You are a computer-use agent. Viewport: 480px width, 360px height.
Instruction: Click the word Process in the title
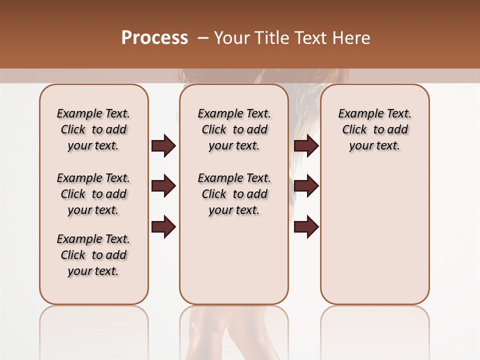(154, 38)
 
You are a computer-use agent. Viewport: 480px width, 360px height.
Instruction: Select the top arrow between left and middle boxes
(163, 145)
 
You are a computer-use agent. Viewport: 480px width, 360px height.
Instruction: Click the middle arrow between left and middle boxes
(163, 186)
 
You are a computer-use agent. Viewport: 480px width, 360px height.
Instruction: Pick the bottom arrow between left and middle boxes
(163, 227)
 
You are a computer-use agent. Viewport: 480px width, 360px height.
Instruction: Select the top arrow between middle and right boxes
(306, 145)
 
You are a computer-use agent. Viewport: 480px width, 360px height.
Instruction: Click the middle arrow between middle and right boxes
(306, 186)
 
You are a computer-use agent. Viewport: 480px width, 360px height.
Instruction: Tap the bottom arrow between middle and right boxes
(306, 227)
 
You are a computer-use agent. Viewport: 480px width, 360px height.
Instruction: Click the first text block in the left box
(93, 129)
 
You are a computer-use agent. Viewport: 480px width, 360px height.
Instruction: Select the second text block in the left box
(93, 194)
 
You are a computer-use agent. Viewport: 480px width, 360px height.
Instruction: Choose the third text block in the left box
(93, 255)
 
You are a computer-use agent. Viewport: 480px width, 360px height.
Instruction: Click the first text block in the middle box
(234, 129)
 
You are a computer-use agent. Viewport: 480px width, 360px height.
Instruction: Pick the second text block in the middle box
(234, 194)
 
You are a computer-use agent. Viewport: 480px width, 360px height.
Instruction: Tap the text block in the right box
(374, 129)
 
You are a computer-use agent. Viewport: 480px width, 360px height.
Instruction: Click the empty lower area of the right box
(374, 235)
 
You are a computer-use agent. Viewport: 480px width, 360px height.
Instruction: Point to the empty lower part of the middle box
(234, 260)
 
